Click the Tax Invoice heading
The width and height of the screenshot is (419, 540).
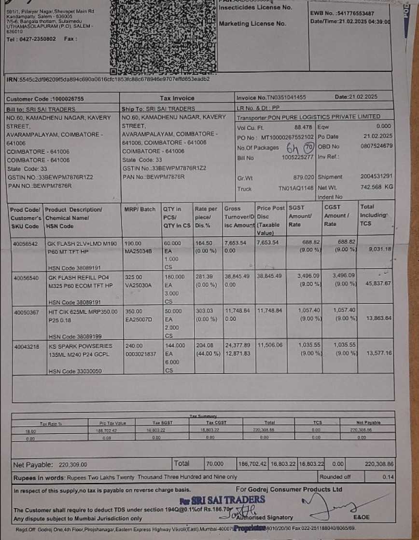pyautogui.click(x=177, y=98)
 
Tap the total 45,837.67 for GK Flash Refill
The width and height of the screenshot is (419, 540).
pyautogui.click(x=378, y=283)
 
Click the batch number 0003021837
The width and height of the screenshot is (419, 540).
pyautogui.click(x=140, y=354)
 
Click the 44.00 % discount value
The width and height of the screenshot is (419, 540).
pyautogui.click(x=206, y=354)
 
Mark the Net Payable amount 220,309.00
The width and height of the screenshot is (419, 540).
pyautogui.click(x=72, y=465)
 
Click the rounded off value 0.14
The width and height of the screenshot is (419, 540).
pyautogui.click(x=388, y=477)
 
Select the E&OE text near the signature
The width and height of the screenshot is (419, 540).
pyautogui.click(x=361, y=517)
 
